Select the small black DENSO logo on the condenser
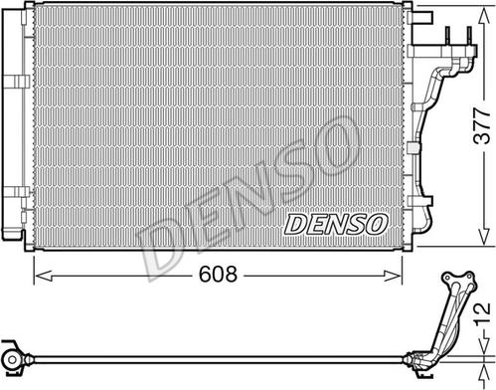[x=335, y=225]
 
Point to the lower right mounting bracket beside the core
[x=425, y=214]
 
